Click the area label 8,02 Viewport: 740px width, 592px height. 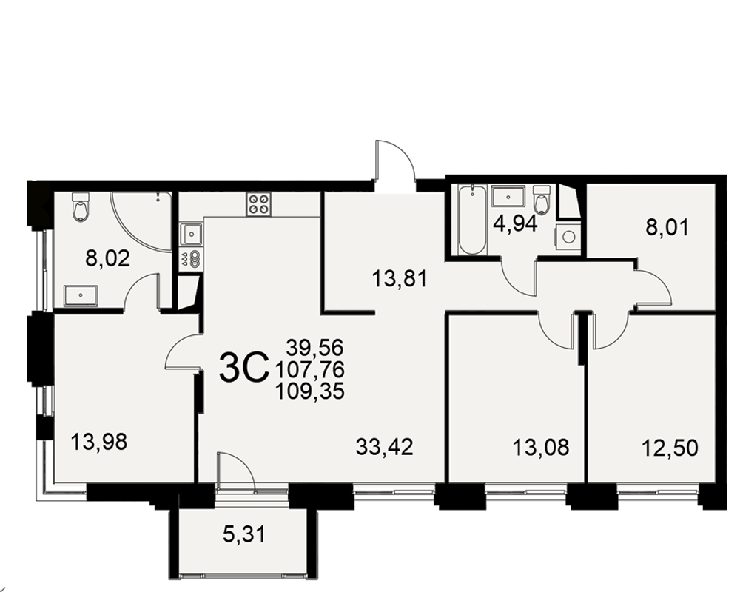(x=107, y=258)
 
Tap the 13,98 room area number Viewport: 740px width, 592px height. (x=99, y=443)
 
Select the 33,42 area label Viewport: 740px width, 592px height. (x=385, y=447)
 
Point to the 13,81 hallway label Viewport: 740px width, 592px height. (x=400, y=278)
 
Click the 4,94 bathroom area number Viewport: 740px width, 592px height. (x=515, y=223)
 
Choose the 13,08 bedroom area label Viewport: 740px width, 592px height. (x=541, y=447)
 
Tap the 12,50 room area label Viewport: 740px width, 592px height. (x=670, y=447)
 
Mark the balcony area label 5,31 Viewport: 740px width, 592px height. (x=244, y=534)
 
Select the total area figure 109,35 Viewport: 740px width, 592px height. (x=309, y=391)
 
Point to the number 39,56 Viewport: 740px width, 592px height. (x=315, y=348)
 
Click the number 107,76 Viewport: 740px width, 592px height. (x=309, y=369)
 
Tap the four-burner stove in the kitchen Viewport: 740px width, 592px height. (x=259, y=204)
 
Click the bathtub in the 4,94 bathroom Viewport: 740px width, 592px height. (x=472, y=220)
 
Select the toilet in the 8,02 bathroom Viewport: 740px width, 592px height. (x=81, y=206)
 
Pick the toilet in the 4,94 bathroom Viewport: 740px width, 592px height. (x=542, y=200)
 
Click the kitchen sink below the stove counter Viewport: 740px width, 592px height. (x=192, y=234)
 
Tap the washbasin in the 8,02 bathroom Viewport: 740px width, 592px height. (x=81, y=295)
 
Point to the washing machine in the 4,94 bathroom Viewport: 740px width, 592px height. (x=568, y=237)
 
